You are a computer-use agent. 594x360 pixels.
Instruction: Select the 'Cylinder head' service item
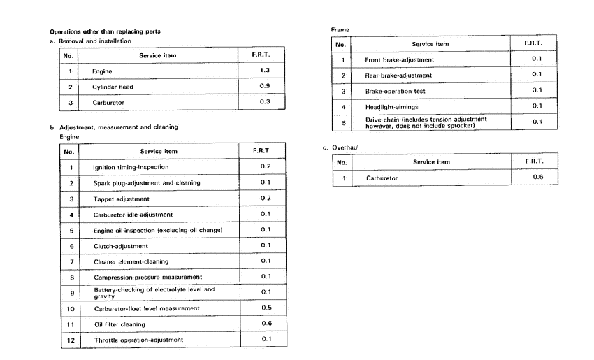[x=113, y=87]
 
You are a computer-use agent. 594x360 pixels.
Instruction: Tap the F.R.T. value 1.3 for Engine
[x=265, y=71]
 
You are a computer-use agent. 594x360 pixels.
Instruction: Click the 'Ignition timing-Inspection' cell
[x=131, y=167]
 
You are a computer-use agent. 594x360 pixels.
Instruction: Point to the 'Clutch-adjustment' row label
[x=121, y=246]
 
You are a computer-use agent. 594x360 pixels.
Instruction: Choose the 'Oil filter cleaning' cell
[x=119, y=324]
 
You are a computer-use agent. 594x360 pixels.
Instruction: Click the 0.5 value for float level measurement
[x=266, y=308]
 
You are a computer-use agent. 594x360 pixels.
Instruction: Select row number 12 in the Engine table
[x=70, y=340]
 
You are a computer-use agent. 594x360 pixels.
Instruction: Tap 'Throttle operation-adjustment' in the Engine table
[x=138, y=340]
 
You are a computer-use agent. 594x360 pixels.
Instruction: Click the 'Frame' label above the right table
[x=340, y=30]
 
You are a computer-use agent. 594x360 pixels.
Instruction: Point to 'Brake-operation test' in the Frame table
[x=395, y=92]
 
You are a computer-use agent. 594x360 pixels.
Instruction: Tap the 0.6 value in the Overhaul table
[x=537, y=178]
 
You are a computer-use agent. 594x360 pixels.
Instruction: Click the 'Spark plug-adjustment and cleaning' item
[x=146, y=183]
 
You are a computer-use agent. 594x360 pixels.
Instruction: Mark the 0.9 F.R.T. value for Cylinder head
[x=265, y=86]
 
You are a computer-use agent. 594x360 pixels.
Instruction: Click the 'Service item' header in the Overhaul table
[x=431, y=162]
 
